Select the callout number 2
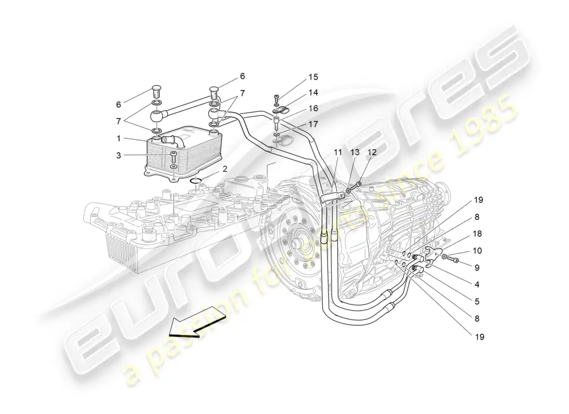[226, 169]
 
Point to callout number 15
[313, 77]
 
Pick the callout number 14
[313, 93]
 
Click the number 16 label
[313, 108]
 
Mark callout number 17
[313, 124]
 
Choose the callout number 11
[338, 152]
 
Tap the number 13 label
[354, 152]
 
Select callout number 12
[371, 152]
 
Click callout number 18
[477, 234]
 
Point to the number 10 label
[477, 250]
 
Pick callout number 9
[477, 268]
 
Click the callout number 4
[477, 284]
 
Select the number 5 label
[477, 301]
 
